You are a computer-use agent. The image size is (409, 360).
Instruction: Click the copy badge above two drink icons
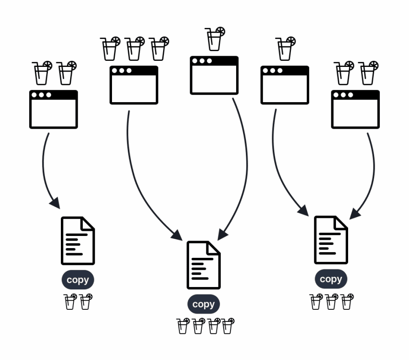click(78, 280)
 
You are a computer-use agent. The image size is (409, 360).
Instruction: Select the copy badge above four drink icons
click(204, 304)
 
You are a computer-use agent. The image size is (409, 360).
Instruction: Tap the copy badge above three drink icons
click(331, 279)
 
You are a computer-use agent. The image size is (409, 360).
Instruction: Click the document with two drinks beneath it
click(78, 241)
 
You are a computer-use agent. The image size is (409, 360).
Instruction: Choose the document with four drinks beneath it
click(204, 265)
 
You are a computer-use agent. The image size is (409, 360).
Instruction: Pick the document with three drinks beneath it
click(331, 240)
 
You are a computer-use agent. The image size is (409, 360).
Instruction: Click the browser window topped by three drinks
click(134, 85)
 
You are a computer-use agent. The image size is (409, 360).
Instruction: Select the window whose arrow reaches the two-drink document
click(53, 109)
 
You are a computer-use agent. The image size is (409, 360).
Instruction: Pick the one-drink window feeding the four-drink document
click(214, 75)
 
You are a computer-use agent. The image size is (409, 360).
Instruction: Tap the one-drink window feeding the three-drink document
click(285, 85)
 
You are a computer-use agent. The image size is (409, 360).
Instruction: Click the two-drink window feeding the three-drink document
click(355, 109)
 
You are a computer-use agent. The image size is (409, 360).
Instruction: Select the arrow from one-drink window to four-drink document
click(246, 167)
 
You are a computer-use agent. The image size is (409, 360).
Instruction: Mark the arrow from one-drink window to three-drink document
click(277, 167)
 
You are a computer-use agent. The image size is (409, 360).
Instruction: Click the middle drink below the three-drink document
click(331, 301)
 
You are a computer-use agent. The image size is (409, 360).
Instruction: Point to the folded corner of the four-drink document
click(214, 248)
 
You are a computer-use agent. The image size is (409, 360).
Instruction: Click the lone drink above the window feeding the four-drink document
click(215, 39)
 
